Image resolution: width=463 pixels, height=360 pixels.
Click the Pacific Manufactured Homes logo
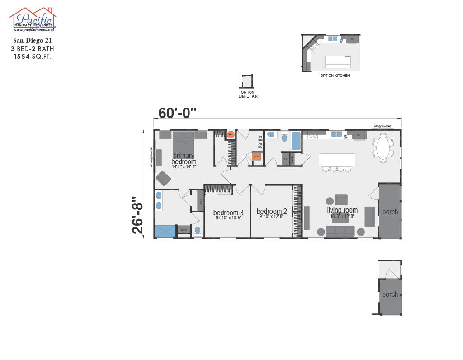(x=33, y=19)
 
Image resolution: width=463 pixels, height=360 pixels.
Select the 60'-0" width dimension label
(x=178, y=113)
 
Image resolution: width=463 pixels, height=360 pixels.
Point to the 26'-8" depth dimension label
(x=137, y=215)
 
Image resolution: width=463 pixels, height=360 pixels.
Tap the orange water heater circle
(x=230, y=134)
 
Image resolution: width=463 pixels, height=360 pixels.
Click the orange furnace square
(x=256, y=156)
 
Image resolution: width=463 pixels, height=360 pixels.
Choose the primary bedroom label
(x=184, y=159)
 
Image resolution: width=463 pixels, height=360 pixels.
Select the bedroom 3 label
(x=228, y=213)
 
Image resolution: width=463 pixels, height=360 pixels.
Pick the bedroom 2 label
(x=272, y=211)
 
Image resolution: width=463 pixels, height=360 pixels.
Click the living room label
(x=342, y=210)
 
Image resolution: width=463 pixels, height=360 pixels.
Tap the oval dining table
(x=383, y=148)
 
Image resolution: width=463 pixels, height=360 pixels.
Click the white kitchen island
(x=336, y=160)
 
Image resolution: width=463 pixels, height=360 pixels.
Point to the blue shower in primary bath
(x=165, y=231)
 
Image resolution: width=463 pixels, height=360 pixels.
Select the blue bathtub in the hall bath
(x=296, y=141)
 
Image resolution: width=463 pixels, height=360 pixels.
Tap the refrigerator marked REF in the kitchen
(x=359, y=135)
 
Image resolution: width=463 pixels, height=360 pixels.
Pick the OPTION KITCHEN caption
(x=335, y=76)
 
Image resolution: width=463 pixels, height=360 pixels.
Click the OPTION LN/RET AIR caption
(x=248, y=94)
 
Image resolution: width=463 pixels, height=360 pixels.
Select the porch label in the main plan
(x=390, y=212)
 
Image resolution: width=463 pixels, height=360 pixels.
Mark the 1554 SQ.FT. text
(x=32, y=57)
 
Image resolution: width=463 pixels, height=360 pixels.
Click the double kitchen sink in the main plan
(x=336, y=134)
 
